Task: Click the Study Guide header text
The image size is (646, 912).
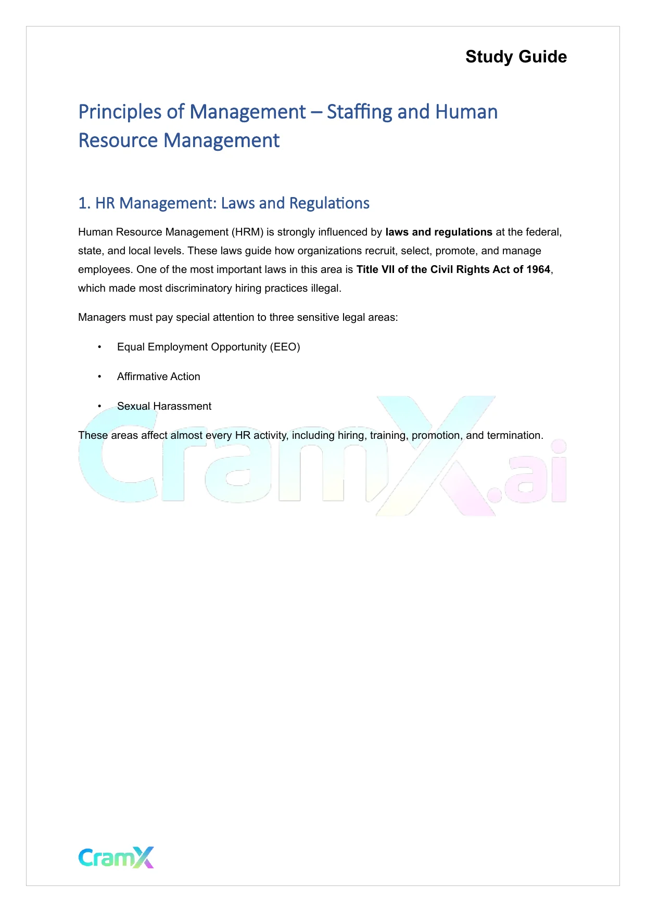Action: coord(516,57)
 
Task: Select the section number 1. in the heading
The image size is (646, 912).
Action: coord(84,203)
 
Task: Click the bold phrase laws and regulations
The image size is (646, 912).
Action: coord(439,232)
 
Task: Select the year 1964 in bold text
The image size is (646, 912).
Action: coord(538,270)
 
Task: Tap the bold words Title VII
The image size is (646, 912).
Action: coord(375,270)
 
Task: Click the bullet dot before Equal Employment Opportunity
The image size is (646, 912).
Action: coord(99,347)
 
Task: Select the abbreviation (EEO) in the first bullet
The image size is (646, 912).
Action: coord(285,347)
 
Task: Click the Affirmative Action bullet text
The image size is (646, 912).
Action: coord(158,377)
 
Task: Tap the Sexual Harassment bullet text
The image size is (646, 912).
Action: coord(164,407)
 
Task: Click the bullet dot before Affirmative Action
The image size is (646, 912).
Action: coord(99,377)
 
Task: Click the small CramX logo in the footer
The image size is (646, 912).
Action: coord(116,857)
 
